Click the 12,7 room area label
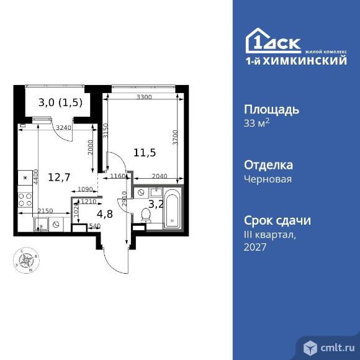[x=60, y=177]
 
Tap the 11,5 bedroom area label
[x=144, y=151]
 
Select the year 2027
[x=256, y=246]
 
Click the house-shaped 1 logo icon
[x=258, y=41]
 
